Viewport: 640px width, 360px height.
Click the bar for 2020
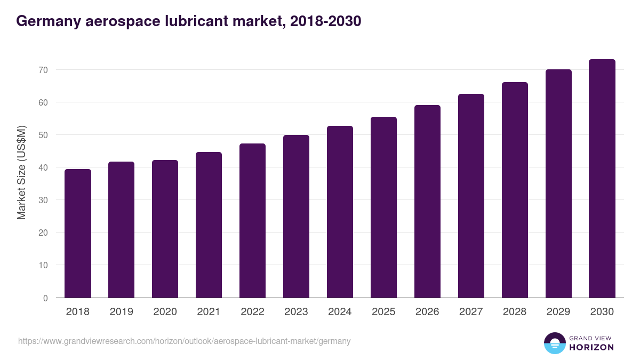(x=165, y=229)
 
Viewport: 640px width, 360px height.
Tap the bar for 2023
(x=296, y=217)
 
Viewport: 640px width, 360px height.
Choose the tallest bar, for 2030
(x=602, y=179)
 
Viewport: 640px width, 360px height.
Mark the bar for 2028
(x=515, y=190)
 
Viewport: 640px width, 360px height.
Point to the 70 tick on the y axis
(x=43, y=70)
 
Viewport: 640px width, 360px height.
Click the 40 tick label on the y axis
(x=43, y=167)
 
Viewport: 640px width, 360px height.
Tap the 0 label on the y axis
(x=45, y=298)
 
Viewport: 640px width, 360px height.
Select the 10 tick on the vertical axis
(x=43, y=265)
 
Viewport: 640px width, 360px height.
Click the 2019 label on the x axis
(x=121, y=312)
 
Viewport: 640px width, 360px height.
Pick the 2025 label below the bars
(x=383, y=312)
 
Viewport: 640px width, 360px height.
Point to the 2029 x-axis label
(x=558, y=312)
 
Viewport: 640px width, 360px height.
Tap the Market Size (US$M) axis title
(x=21, y=172)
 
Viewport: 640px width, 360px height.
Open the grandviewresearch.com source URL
(x=184, y=341)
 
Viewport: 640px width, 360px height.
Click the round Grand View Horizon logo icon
(x=554, y=343)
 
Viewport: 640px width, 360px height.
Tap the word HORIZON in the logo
(x=591, y=347)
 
